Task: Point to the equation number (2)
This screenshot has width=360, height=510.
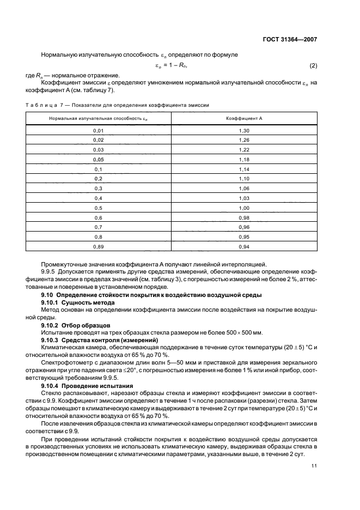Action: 313,66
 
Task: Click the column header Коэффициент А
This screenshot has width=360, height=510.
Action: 244,118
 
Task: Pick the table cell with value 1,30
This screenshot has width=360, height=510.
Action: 244,131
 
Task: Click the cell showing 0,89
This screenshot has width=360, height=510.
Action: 98,247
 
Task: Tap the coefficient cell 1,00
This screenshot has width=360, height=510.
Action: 244,208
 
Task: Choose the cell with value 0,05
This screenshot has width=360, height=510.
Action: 98,159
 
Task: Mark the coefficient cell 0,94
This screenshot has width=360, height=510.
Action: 244,247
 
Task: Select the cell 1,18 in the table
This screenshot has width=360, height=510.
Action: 244,159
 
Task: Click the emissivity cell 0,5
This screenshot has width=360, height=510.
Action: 98,208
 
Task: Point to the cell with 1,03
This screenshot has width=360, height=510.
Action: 244,198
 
